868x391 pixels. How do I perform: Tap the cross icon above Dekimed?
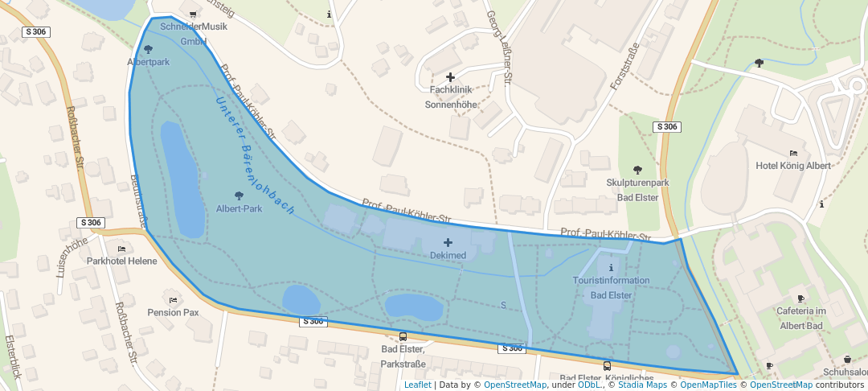tap(448, 241)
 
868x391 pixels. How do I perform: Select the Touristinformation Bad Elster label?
tap(611, 288)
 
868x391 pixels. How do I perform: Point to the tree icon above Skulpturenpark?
tap(637, 170)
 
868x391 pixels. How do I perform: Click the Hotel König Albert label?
tap(793, 166)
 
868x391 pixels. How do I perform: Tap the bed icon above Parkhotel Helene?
tap(121, 249)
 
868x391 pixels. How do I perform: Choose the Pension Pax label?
tap(173, 312)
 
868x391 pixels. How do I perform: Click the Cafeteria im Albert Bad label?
tap(812, 319)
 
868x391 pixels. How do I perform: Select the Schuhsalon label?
tap(845, 372)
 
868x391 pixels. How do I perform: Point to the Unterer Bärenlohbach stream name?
tap(254, 158)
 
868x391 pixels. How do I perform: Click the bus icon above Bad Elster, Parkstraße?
tap(403, 337)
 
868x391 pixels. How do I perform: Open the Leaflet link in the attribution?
tap(417, 385)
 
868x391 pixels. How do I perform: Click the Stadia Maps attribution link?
tap(641, 385)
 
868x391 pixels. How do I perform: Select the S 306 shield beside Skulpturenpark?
tap(667, 127)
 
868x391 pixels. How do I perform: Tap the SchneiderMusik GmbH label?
tap(194, 33)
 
